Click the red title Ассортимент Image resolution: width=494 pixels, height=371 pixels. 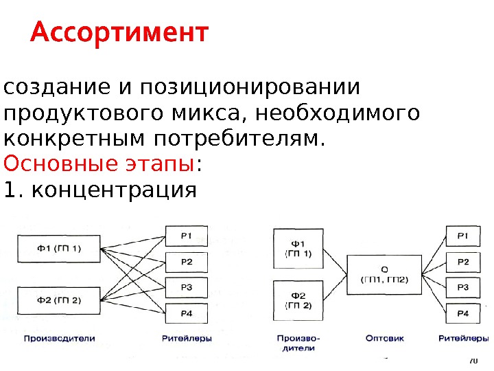coord(118,33)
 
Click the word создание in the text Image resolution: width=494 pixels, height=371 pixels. coord(49,89)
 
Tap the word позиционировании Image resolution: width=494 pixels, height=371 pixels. coord(250,89)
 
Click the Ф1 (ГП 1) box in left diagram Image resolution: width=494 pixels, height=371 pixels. coord(59,248)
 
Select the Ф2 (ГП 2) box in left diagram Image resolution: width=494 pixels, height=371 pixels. coord(59,300)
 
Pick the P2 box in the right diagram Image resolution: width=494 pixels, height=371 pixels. coord(464,262)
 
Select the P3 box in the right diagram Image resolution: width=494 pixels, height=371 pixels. coord(464,287)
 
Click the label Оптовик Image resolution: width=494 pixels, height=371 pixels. coord(385,338)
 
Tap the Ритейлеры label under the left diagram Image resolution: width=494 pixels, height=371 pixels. coord(187,338)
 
